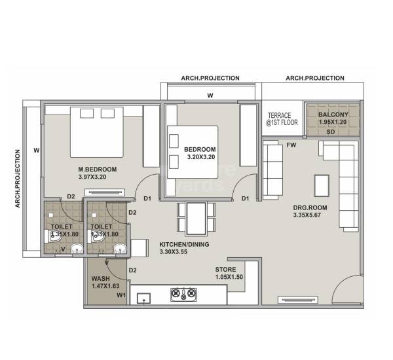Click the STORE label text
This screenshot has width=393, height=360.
point(226,270)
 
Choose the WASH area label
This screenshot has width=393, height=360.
point(101,278)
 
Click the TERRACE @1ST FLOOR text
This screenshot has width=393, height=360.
point(281,118)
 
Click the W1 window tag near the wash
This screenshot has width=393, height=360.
point(121,295)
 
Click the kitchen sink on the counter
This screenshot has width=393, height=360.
point(143,299)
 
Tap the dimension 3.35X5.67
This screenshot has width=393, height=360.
point(310,215)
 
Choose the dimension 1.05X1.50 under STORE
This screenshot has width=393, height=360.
point(230,278)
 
